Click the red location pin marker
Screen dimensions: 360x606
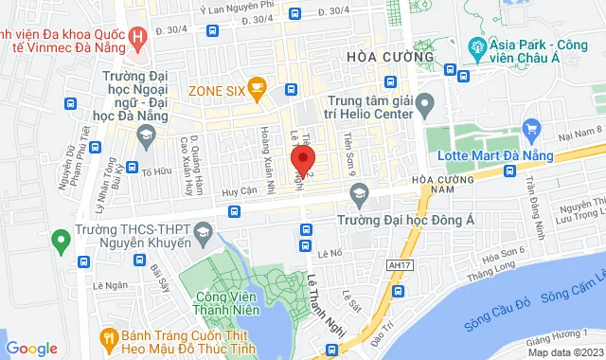click(302, 157)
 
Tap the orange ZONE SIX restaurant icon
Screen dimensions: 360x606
click(254, 89)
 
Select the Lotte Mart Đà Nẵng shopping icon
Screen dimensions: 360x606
click(530, 127)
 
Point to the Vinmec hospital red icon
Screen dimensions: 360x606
click(139, 39)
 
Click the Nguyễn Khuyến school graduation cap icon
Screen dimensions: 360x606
click(202, 233)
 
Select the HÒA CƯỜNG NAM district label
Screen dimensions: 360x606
click(441, 185)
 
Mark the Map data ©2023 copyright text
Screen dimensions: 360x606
click(564, 352)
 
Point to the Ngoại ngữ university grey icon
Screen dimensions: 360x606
click(145, 139)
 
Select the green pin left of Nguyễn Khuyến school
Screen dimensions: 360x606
click(60, 239)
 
